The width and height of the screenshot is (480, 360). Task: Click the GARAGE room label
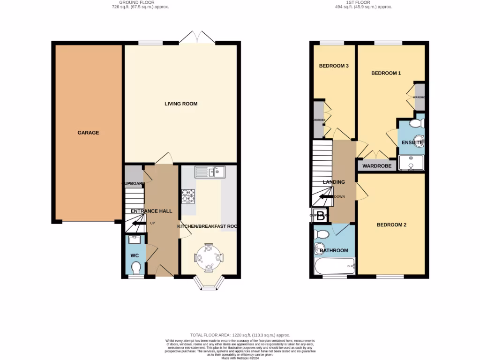(88, 133)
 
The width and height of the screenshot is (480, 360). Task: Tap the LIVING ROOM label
(180, 104)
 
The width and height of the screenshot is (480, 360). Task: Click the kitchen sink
(210, 172)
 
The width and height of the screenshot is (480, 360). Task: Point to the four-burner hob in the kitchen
(188, 195)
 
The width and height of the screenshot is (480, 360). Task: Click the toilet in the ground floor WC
(136, 268)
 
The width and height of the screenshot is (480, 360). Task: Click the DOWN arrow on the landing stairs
(327, 196)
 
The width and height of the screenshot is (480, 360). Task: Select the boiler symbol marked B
(321, 216)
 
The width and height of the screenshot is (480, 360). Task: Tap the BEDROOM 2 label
(391, 225)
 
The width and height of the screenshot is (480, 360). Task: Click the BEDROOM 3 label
(334, 66)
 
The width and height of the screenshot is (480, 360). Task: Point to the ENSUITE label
(412, 142)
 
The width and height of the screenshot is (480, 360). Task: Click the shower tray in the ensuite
(411, 163)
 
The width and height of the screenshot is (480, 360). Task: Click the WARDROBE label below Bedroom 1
(376, 166)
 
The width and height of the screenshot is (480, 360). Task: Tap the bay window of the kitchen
(209, 283)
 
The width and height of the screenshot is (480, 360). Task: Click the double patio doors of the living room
(196, 37)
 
